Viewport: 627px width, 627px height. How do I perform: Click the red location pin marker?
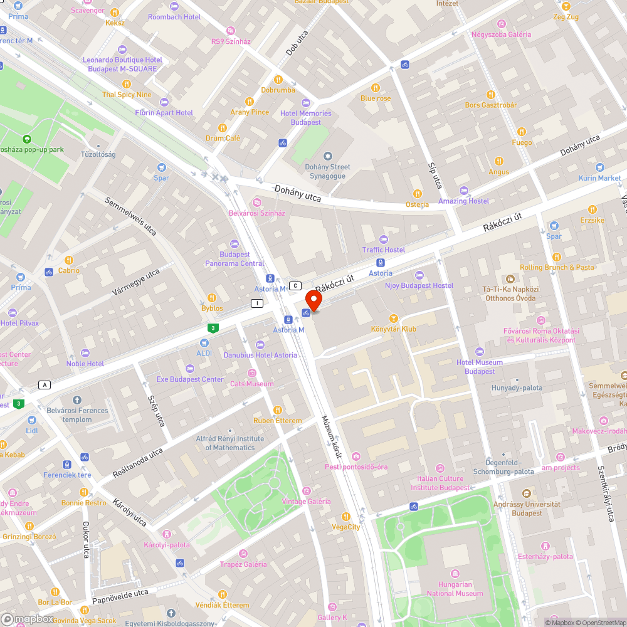pyautogui.click(x=313, y=300)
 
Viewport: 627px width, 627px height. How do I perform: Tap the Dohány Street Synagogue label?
pyautogui.click(x=327, y=171)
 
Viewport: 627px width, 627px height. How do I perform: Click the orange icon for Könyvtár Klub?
pyautogui.click(x=394, y=318)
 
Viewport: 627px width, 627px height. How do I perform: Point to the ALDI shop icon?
pyautogui.click(x=204, y=343)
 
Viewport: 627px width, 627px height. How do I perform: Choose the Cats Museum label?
pyautogui.click(x=251, y=384)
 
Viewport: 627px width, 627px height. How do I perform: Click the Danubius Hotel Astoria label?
pyautogui.click(x=260, y=355)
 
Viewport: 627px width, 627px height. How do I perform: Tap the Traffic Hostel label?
pyautogui.click(x=384, y=250)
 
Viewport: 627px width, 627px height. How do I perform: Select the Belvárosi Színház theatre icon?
pyautogui.click(x=256, y=202)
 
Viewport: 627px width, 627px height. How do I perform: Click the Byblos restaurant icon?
pyautogui.click(x=212, y=298)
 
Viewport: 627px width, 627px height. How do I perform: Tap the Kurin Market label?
pyautogui.click(x=600, y=178)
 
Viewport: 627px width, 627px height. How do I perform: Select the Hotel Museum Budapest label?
pyautogui.click(x=480, y=367)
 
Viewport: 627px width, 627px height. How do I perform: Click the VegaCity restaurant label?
pyautogui.click(x=346, y=527)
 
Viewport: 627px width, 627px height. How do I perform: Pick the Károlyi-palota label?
pyautogui.click(x=167, y=545)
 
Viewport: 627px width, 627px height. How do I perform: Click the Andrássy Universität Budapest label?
pyautogui.click(x=527, y=508)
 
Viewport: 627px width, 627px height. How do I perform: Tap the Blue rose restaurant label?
pyautogui.click(x=376, y=98)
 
